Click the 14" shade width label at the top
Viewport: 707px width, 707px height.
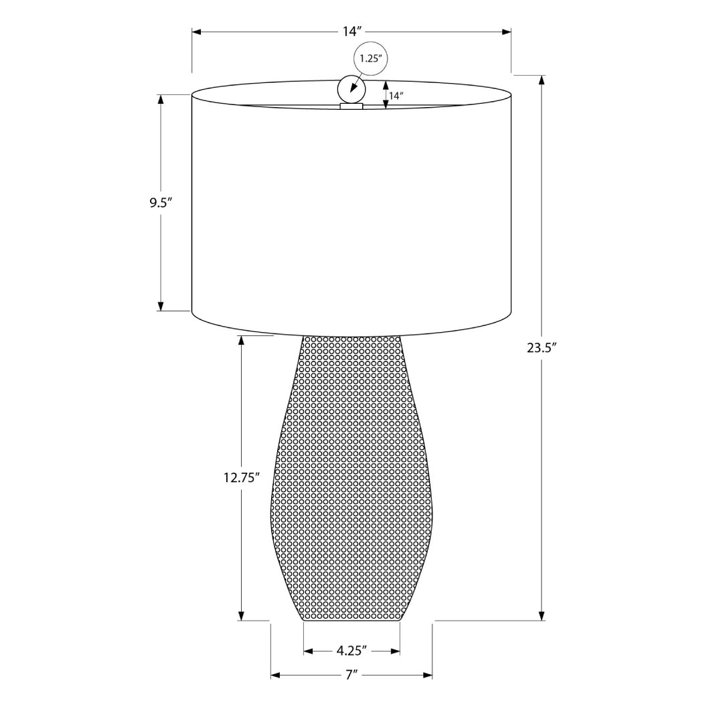coord(352,31)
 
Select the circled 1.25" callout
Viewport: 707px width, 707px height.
coord(370,58)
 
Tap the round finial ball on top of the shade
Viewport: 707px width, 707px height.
coord(351,88)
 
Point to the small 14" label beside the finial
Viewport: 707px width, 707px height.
coord(396,96)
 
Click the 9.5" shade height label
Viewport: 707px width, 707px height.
coord(161,203)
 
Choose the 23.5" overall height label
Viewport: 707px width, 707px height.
coord(542,347)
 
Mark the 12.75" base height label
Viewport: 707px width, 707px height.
coord(241,478)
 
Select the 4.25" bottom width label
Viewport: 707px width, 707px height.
coord(351,650)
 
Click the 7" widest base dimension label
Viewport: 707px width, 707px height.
coord(351,675)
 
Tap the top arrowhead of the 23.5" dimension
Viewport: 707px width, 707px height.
coord(542,80)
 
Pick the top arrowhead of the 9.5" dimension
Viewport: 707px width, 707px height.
coord(161,100)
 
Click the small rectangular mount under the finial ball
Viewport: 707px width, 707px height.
coord(351,106)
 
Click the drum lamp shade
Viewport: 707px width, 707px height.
coord(351,214)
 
